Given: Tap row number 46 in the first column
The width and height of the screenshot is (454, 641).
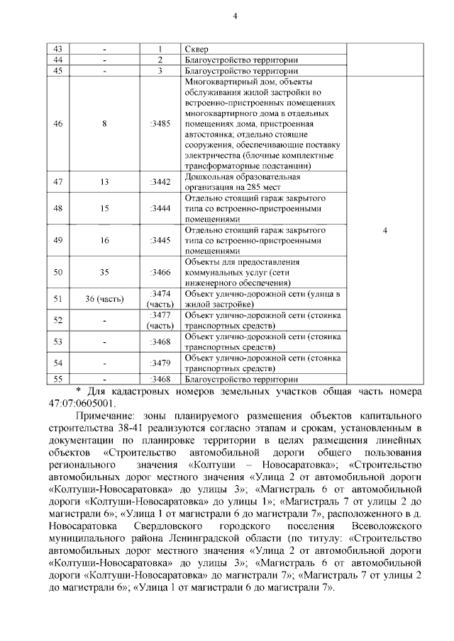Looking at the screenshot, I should pyautogui.click(x=58, y=123).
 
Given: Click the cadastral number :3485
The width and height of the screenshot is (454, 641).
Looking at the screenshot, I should pyautogui.click(x=160, y=123).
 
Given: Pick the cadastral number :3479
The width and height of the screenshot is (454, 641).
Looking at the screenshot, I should pyautogui.click(x=160, y=363).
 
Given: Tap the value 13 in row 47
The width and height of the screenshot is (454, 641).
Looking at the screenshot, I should pyautogui.click(x=104, y=181).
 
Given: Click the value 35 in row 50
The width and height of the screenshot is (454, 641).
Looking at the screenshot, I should pyautogui.click(x=104, y=271).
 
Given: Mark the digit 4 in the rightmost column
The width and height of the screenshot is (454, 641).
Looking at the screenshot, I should pyautogui.click(x=384, y=230).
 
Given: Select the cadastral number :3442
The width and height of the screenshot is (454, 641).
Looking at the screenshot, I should pyautogui.click(x=160, y=181).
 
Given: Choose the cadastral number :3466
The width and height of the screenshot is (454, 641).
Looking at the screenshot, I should pyautogui.click(x=160, y=271).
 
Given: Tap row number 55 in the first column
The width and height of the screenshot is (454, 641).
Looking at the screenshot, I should pyautogui.click(x=58, y=378).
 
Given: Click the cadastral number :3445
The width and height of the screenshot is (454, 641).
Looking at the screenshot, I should pyautogui.click(x=160, y=240).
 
